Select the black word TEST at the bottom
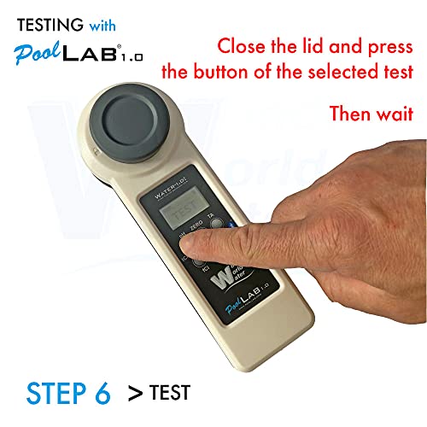tap(169, 394)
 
